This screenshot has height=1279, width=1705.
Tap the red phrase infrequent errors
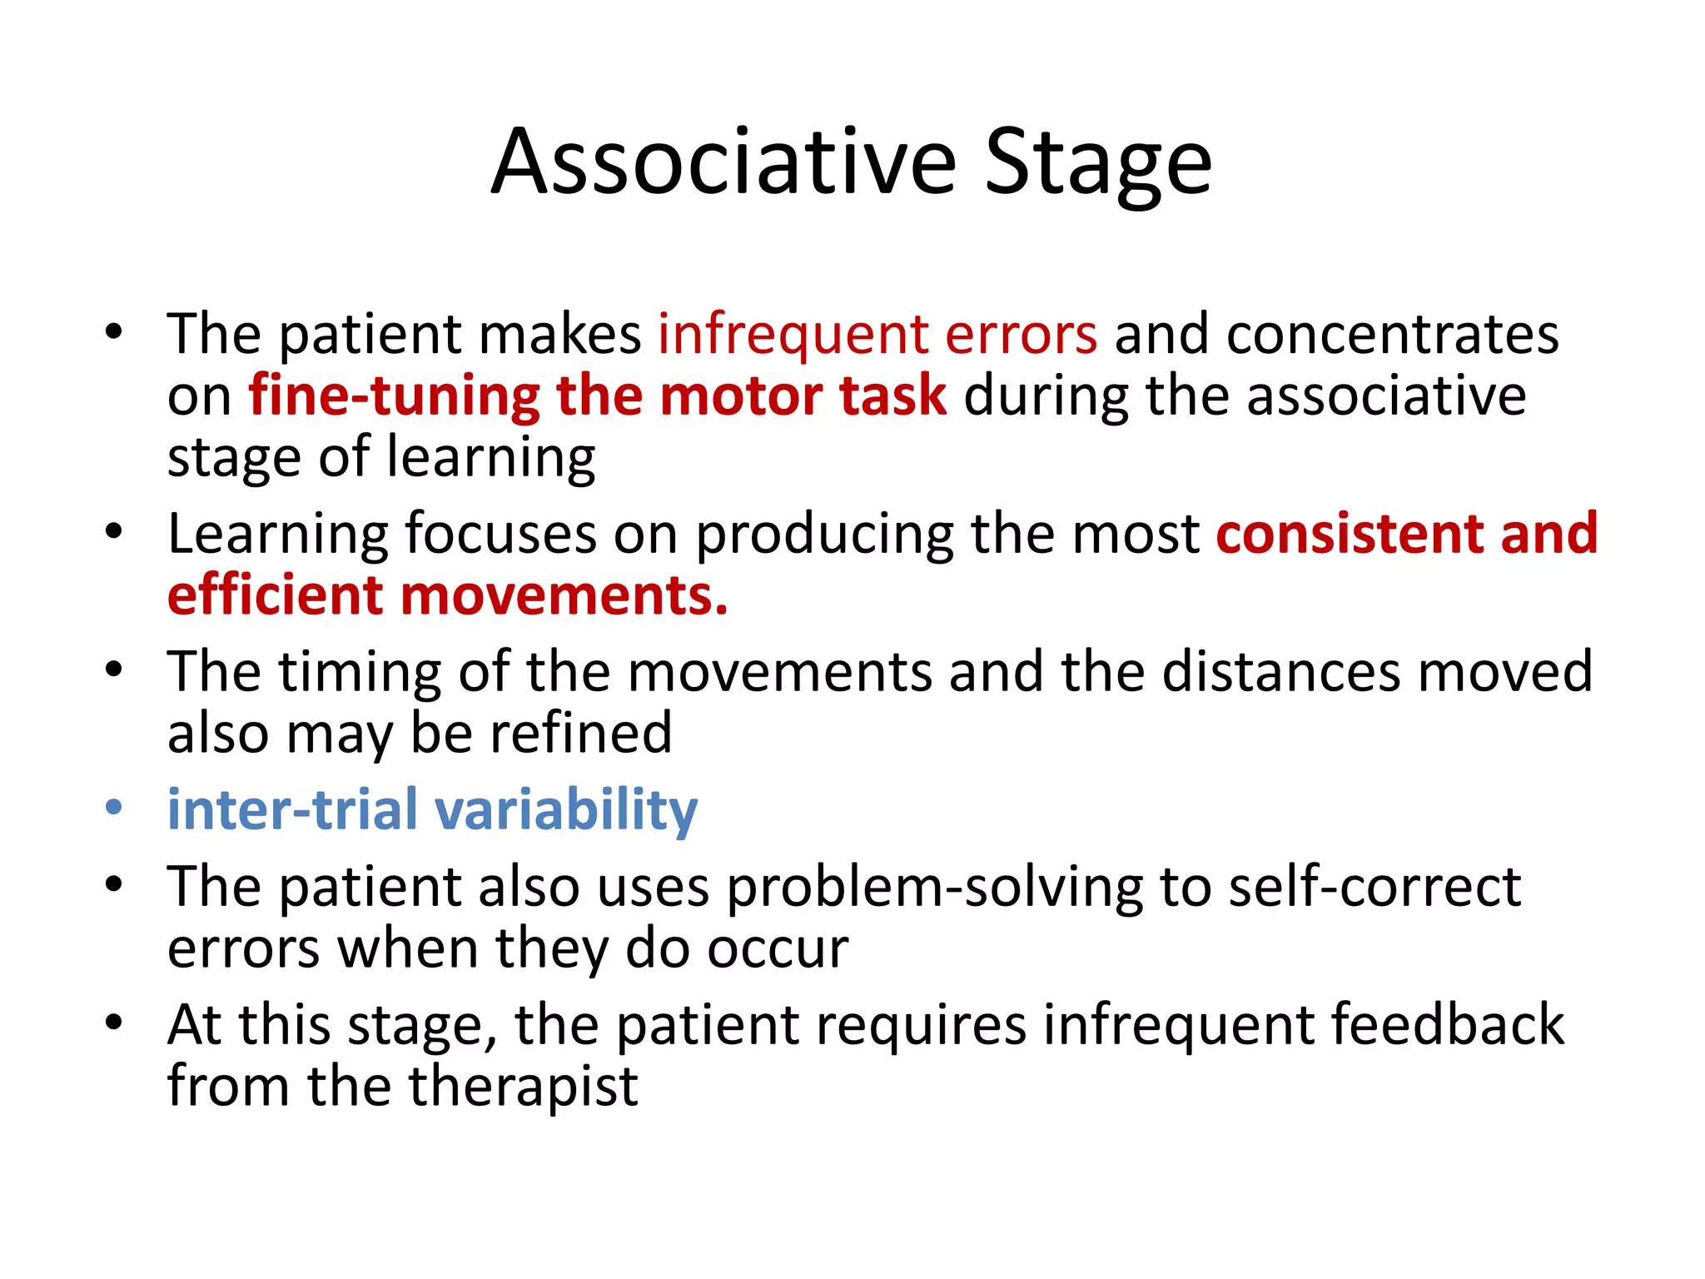click(877, 335)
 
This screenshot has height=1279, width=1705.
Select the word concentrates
click(1393, 335)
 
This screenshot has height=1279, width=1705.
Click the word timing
click(360, 672)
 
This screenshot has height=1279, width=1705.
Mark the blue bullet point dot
click(114, 808)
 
